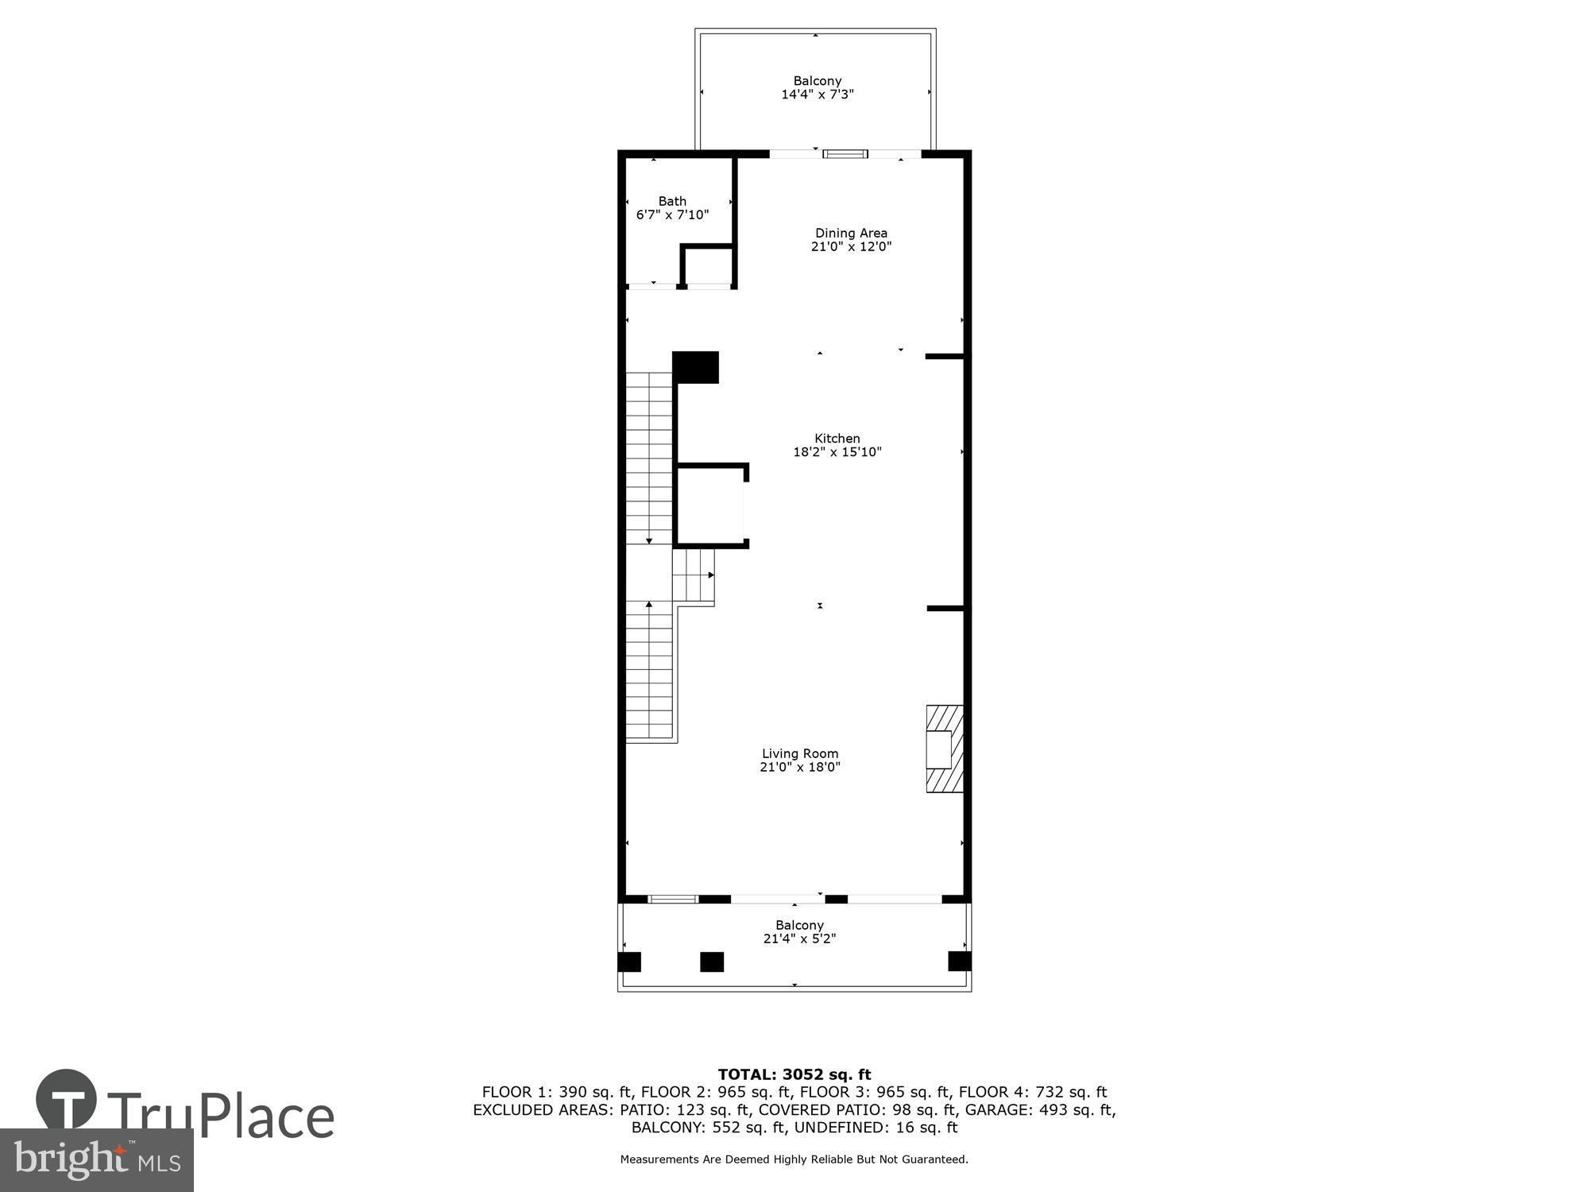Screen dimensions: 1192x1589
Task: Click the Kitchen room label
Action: coord(837,438)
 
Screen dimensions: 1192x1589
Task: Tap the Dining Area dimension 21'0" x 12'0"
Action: coord(850,246)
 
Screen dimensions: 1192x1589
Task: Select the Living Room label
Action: coord(799,753)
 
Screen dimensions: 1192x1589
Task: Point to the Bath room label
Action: coord(672,201)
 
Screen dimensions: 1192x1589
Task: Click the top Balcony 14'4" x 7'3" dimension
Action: coord(817,95)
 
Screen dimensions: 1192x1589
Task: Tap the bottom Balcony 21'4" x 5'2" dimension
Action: coord(799,939)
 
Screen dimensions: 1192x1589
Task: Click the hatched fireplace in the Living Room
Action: coord(945,749)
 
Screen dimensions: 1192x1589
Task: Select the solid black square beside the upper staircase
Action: coord(696,367)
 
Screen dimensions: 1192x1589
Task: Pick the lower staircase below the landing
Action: coord(650,671)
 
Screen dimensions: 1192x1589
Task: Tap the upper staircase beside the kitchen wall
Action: coord(650,457)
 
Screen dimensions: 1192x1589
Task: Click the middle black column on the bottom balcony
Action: coord(712,962)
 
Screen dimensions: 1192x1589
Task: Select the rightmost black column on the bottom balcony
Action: coord(959,962)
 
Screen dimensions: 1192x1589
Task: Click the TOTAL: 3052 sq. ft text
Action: coord(794,1075)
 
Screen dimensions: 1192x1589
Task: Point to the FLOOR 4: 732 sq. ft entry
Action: coord(1032,1093)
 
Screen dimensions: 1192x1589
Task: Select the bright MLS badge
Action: coord(96,1159)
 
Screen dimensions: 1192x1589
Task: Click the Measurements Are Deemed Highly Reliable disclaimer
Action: coord(794,1159)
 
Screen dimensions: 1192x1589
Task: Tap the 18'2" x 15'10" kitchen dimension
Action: coord(837,452)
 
